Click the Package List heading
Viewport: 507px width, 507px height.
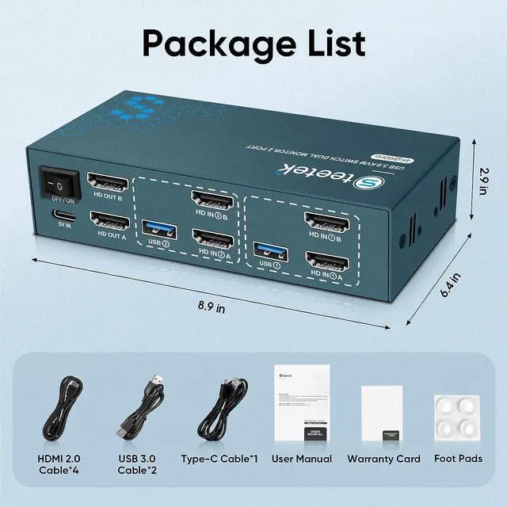pos(253,40)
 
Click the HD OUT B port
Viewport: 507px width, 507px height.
pos(109,185)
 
